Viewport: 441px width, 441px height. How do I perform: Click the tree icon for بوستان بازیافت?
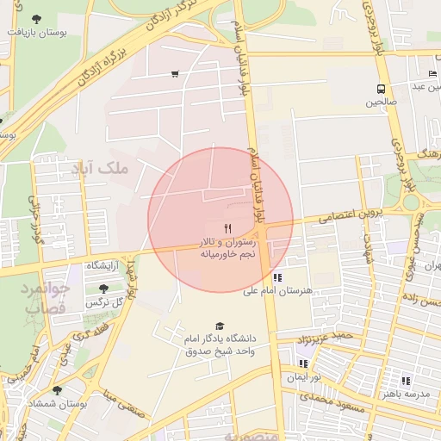pyautogui.click(x=35, y=19)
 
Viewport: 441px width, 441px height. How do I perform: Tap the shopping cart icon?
pyautogui.click(x=176, y=74)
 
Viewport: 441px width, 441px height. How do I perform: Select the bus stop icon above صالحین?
pyautogui.click(x=380, y=89)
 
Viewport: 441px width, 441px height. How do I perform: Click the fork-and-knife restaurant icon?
pyautogui.click(x=227, y=228)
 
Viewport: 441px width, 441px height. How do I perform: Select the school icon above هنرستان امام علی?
pyautogui.click(x=277, y=277)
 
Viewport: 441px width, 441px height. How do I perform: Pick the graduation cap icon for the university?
pyautogui.click(x=220, y=326)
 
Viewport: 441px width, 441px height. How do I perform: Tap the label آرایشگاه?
pyautogui.click(x=102, y=264)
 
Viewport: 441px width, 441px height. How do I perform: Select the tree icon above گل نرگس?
pyautogui.click(x=104, y=289)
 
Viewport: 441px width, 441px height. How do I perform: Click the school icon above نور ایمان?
pyautogui.click(x=303, y=363)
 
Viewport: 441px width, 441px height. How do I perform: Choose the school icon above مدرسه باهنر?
pyautogui.click(x=406, y=380)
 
